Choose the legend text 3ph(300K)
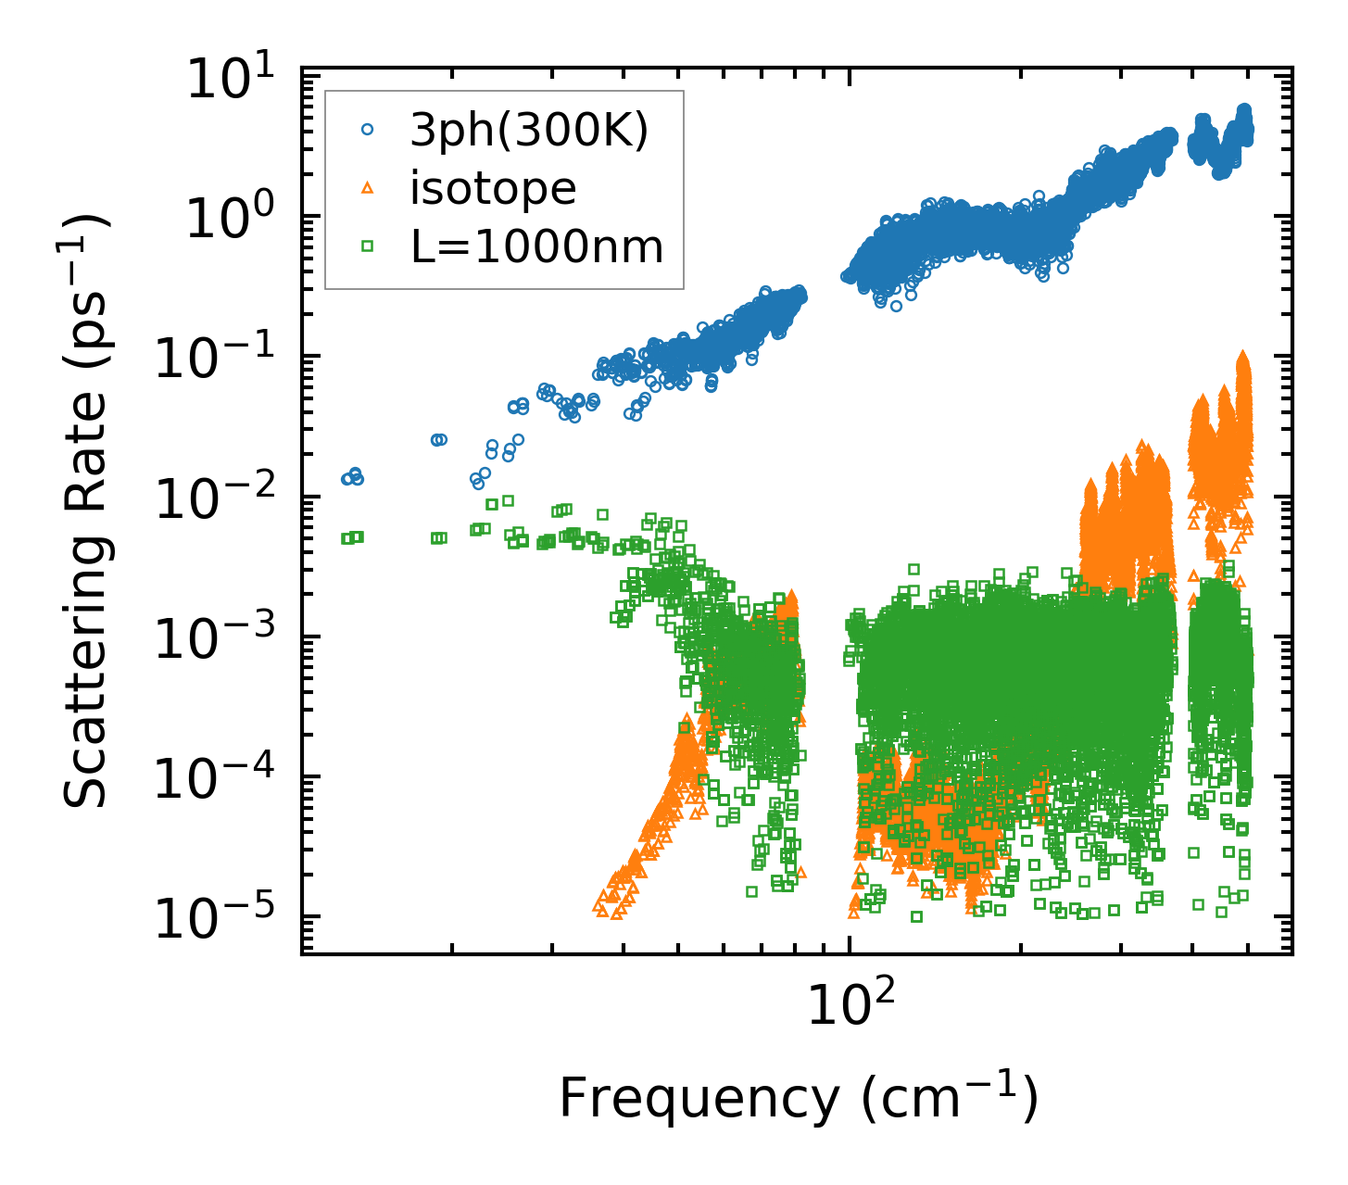click(x=529, y=132)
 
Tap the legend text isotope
click(x=494, y=189)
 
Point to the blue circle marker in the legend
click(x=367, y=132)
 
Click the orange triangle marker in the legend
click(x=367, y=189)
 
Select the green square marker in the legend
click(x=367, y=246)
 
